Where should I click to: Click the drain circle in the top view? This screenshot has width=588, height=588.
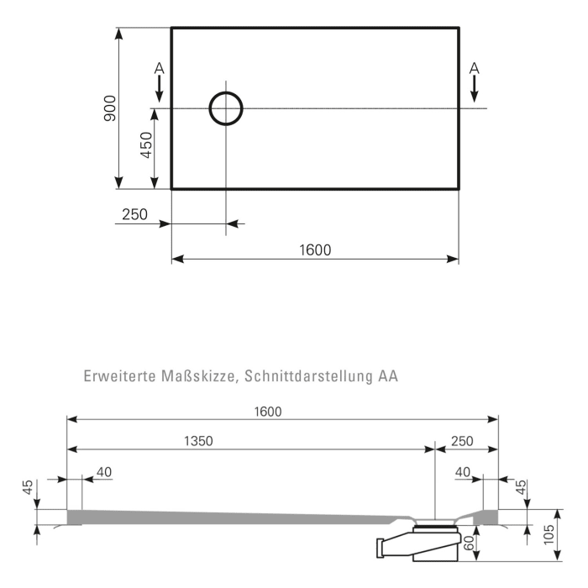coord(225,108)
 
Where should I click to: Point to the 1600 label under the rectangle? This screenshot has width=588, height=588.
coord(315,249)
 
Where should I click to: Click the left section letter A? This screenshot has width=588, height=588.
coord(160,67)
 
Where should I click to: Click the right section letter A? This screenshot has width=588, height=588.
coord(474,67)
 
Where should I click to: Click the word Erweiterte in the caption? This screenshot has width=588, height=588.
coord(118,377)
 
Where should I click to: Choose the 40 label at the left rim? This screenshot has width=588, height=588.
coord(103,473)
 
